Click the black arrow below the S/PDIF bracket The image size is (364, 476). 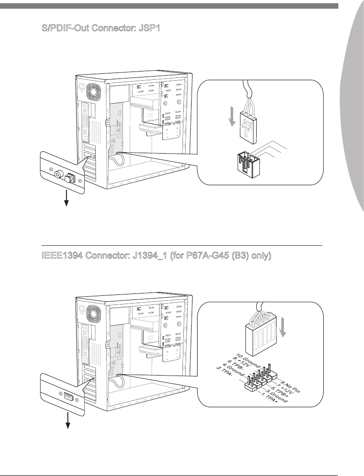[66, 198]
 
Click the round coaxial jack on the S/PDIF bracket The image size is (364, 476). [58, 174]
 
